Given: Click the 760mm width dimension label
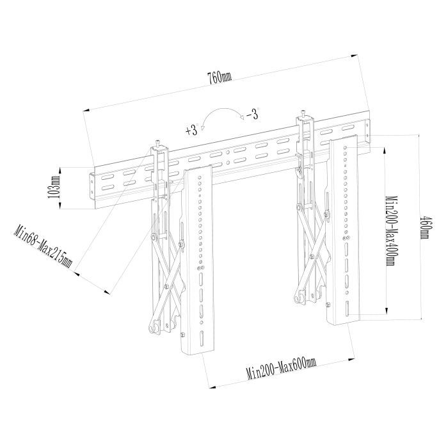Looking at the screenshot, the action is pos(220,77).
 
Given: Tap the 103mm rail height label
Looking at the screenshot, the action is pos(56,187).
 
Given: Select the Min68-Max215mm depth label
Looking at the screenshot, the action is pos(43,247).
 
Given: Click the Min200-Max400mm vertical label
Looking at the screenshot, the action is pos(390,230).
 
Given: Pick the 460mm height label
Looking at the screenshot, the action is pos(424,228).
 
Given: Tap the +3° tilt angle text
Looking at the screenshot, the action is pos(192,130).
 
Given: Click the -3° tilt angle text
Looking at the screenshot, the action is pos(253,114).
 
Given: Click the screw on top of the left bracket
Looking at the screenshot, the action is pos(157,144).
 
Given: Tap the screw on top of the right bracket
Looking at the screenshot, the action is pos(303,112).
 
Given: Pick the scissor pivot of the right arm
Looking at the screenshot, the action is pos(312,256).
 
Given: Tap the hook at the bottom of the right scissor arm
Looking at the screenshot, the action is pos(300,297).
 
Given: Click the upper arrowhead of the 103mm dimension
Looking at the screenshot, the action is pos(60,171).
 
